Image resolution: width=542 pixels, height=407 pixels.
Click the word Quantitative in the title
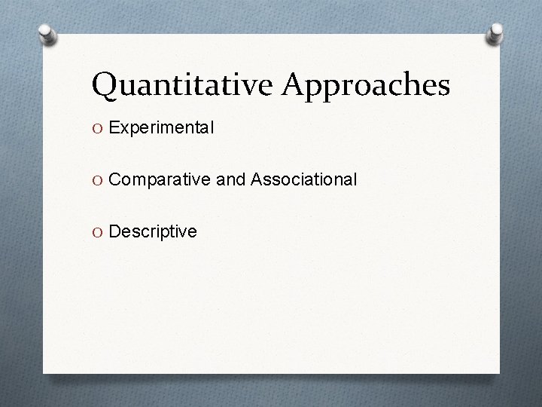[184, 85]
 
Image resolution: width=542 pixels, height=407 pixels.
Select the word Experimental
[162, 129]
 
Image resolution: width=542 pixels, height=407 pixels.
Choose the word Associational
[304, 179]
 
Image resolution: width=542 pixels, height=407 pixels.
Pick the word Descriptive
[153, 231]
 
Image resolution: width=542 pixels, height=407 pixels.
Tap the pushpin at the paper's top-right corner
[495, 32]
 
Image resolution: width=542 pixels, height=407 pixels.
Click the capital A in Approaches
[296, 84]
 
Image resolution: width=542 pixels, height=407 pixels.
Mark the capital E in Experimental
[114, 129]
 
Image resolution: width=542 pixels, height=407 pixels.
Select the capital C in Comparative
[115, 180]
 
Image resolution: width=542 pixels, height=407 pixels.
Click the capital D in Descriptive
[115, 231]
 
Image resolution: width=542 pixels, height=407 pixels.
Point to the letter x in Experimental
[124, 130]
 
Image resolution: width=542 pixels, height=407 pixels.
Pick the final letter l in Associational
[355, 179]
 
